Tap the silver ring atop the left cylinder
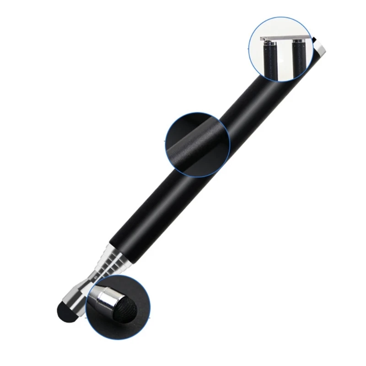point(270,44)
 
